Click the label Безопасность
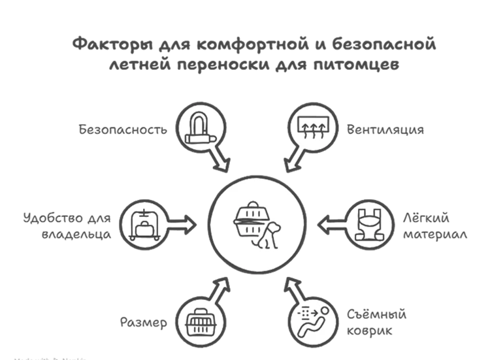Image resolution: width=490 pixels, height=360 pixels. (123, 129)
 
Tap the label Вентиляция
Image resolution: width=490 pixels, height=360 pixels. (385, 129)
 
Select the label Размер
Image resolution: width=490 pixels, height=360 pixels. (144, 322)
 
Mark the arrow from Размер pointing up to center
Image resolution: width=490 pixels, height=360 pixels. (219, 288)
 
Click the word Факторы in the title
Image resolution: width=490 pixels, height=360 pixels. (108, 46)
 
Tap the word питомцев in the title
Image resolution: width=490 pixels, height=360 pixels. (374, 66)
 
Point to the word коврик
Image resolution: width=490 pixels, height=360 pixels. (370, 331)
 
